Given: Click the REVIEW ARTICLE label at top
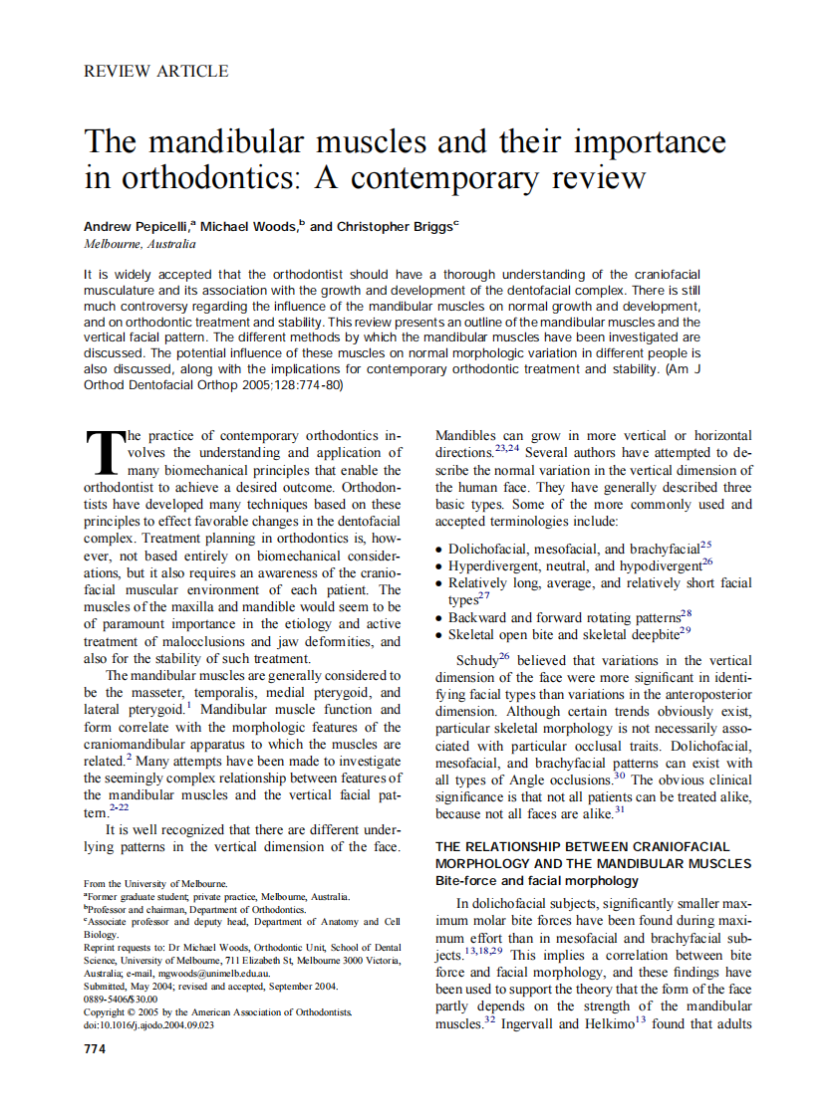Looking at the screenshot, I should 156,72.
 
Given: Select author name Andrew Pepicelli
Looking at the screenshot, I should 139,227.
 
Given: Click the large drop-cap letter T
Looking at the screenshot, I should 103,453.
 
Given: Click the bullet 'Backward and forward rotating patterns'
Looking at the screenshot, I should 564,617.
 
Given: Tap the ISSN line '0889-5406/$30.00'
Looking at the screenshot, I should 121,999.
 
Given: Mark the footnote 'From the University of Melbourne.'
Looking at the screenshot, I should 155,883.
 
